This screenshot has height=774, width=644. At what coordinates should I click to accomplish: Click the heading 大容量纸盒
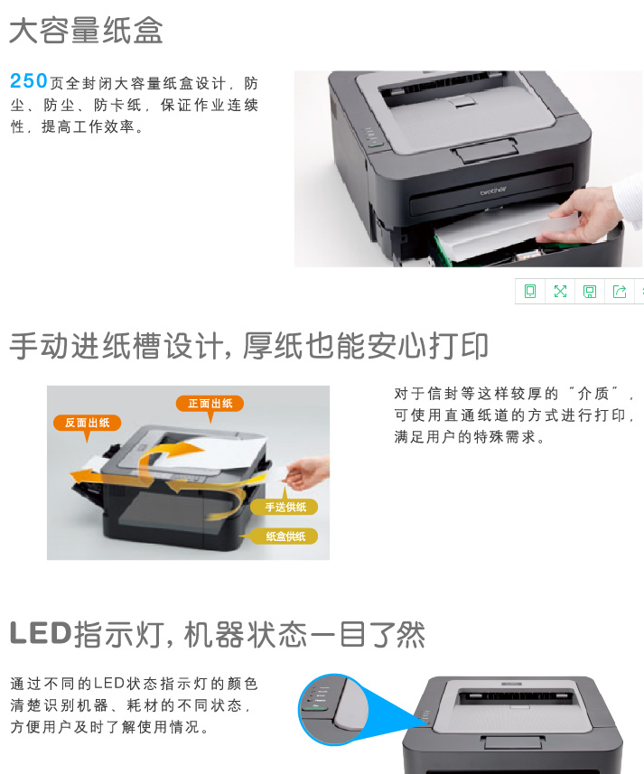(86, 31)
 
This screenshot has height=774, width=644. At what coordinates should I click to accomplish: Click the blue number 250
(29, 81)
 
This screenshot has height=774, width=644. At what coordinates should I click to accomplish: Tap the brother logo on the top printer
(493, 191)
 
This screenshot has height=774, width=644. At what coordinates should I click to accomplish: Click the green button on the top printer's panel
(376, 144)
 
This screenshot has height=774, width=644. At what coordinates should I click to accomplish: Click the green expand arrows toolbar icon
(560, 291)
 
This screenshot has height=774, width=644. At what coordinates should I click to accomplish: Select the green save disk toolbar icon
(590, 291)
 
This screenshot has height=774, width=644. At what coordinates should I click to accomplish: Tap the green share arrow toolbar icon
(620, 291)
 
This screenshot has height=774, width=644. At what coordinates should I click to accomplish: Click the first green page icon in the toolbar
(530, 291)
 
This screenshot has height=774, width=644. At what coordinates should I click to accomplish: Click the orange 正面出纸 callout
(210, 404)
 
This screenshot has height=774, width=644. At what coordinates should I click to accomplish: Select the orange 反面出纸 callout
(87, 423)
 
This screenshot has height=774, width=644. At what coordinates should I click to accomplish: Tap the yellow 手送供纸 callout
(285, 507)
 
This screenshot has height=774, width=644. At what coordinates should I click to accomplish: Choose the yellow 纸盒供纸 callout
(285, 536)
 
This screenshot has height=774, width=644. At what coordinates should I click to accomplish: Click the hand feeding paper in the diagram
(308, 473)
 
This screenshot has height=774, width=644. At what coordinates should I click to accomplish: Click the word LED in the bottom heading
(41, 633)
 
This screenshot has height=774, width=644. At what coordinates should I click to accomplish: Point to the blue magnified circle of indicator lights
(333, 709)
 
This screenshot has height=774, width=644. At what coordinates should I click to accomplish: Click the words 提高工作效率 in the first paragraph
(88, 126)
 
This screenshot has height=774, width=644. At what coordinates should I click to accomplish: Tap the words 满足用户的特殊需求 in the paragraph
(465, 437)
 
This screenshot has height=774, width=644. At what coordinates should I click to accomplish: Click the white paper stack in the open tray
(499, 233)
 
